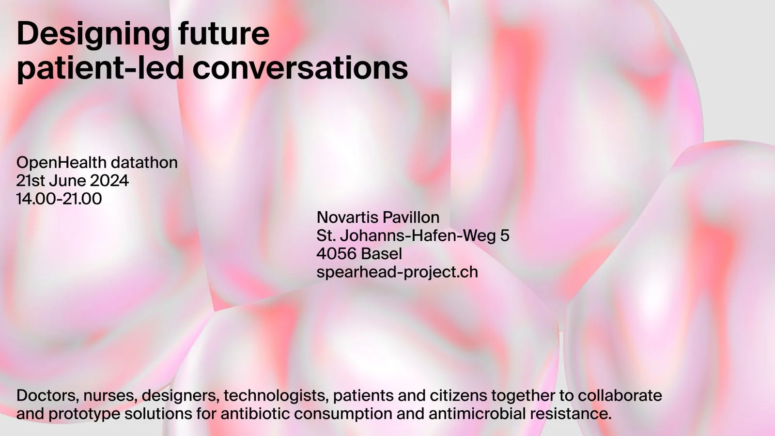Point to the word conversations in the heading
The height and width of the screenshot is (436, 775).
(300, 68)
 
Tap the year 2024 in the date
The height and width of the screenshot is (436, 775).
(109, 181)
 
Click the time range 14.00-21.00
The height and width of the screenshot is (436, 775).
(59, 199)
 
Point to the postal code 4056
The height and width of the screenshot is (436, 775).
(336, 254)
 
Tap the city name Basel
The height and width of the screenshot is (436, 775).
(381, 254)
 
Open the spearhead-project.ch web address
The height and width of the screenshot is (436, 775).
(397, 272)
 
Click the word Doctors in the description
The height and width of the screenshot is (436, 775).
(47, 395)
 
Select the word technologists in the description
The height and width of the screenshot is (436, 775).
(276, 396)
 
